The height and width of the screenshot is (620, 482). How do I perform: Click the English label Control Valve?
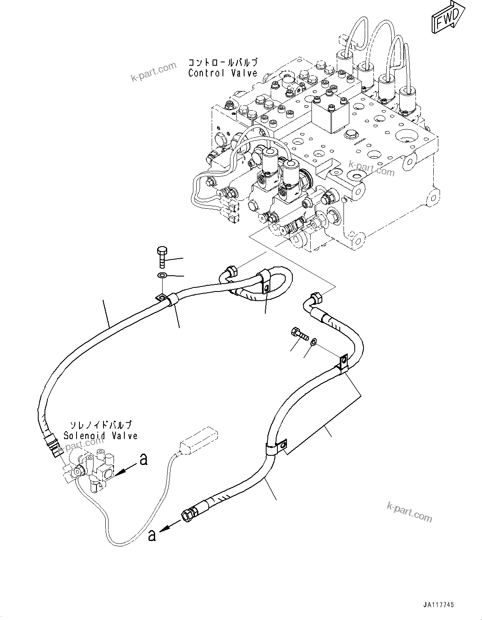point(222,73)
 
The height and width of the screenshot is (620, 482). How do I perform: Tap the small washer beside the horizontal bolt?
point(314,341)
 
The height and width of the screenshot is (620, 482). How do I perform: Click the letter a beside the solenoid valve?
point(143,459)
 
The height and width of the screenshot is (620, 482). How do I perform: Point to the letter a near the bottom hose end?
point(152,536)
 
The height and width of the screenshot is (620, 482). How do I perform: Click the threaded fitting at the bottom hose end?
point(188,514)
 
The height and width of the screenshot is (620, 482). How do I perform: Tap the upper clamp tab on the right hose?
point(343,362)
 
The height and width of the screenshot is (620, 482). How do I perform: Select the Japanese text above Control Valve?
point(222,63)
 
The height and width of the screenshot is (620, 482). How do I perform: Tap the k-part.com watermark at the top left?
point(154,72)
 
